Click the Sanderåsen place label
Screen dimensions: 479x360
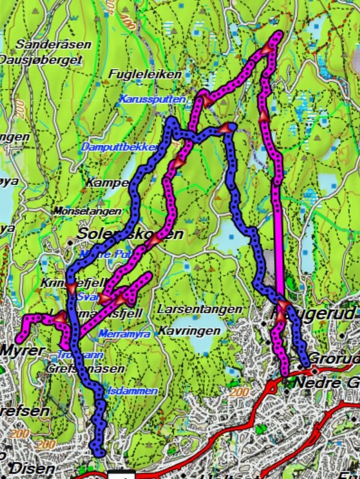pos(54,45)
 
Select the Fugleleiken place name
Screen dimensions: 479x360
pos(145,74)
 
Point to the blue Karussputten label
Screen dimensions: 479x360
pos(152,98)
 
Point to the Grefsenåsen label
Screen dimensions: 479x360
pos(84,368)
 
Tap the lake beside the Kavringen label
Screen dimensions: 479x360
pos(199,343)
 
